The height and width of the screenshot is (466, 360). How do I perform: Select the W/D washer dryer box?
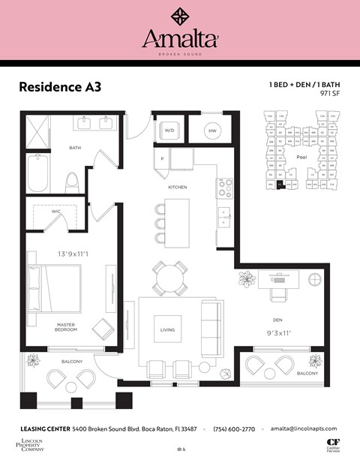[x=167, y=131]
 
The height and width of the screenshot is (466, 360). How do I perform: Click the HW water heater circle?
[x=214, y=131]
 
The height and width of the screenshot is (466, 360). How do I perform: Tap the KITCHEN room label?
[x=177, y=187]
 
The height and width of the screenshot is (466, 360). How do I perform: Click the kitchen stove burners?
[x=224, y=188]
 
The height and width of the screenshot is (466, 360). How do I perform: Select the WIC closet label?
[x=55, y=212]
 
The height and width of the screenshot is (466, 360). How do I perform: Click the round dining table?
[x=169, y=280]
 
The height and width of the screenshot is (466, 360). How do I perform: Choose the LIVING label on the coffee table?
[x=168, y=329]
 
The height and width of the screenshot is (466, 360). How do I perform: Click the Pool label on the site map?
[x=301, y=158]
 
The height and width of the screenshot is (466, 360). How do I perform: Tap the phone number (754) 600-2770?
[x=235, y=428]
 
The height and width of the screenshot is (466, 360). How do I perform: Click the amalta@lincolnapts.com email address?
[x=304, y=428]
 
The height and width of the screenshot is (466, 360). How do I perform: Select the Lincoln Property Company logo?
[x=31, y=445]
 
